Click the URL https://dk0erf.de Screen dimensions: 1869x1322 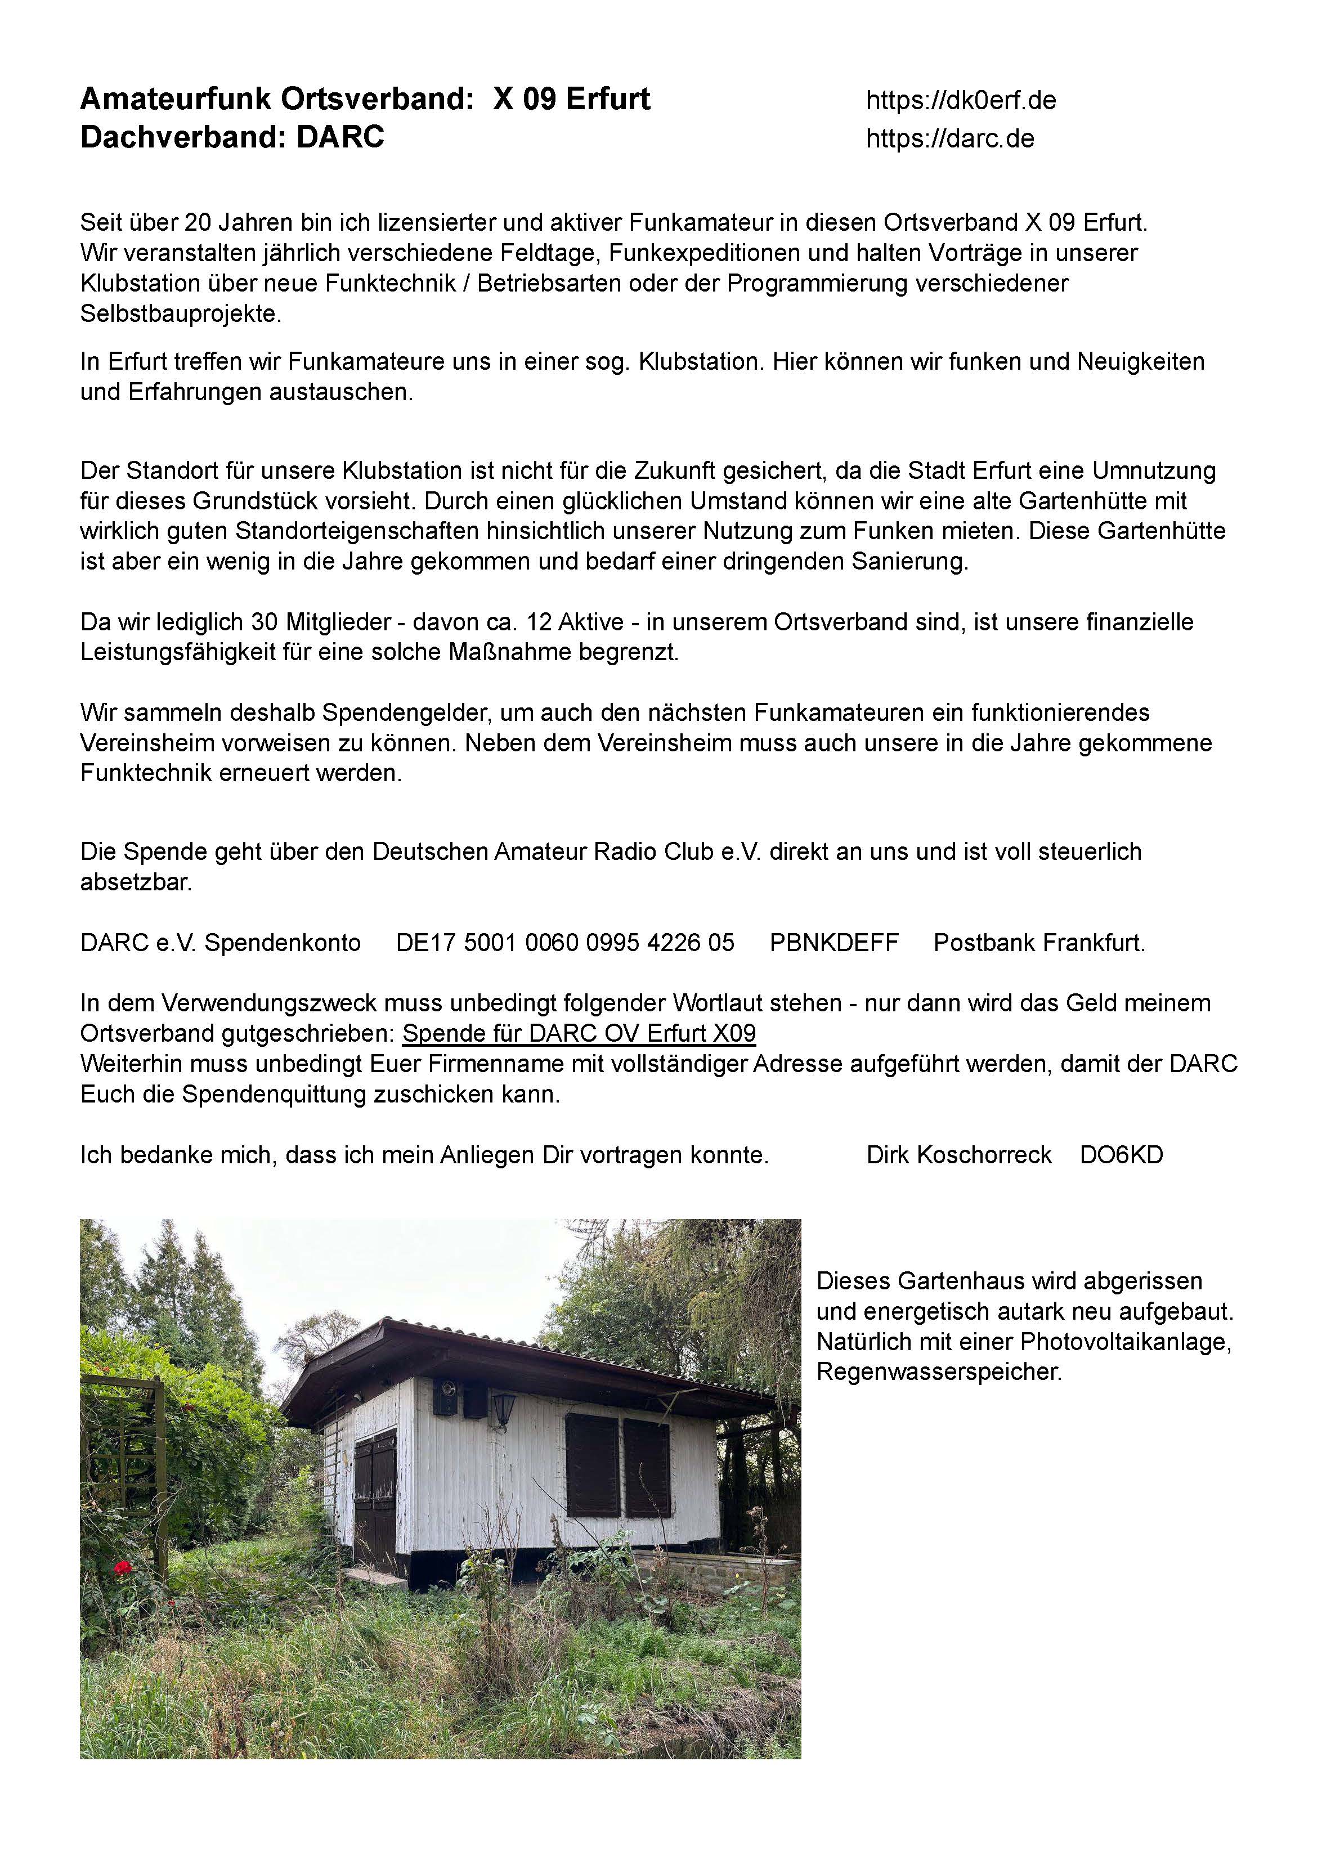(961, 101)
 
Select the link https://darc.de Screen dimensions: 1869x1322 (950, 139)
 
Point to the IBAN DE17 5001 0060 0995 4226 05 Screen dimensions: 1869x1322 (565, 943)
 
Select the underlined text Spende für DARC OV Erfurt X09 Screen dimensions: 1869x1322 (579, 1033)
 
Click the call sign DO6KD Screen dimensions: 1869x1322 (1121, 1155)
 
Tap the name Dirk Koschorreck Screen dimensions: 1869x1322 (959, 1155)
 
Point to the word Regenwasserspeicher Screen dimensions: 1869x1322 (939, 1372)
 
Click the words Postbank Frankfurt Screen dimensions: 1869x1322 (1039, 943)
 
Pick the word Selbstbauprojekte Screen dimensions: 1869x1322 (181, 314)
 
